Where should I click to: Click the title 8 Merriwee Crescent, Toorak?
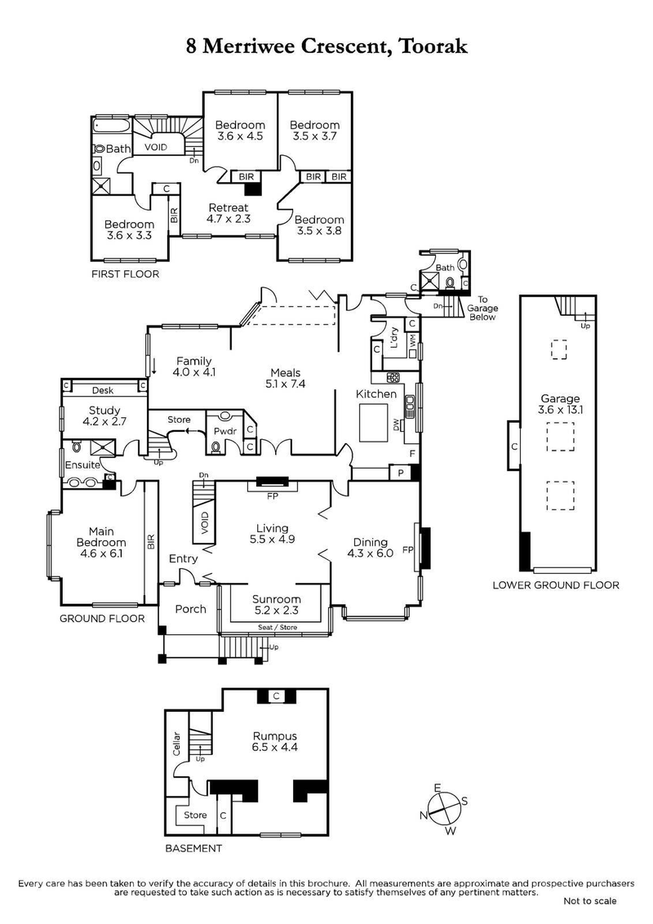(326, 47)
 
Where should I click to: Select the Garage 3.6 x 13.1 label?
(559, 404)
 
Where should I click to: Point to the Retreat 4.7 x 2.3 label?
(228, 212)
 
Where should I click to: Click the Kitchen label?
(375, 394)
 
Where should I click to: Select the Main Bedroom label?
(101, 547)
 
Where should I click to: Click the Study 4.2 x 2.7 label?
(104, 416)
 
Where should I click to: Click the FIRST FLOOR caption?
(125, 274)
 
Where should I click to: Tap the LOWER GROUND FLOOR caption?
(556, 585)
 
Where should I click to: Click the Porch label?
(190, 609)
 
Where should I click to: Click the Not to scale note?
(590, 901)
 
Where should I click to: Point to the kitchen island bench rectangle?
(378, 422)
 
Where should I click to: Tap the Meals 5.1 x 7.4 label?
(285, 377)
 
